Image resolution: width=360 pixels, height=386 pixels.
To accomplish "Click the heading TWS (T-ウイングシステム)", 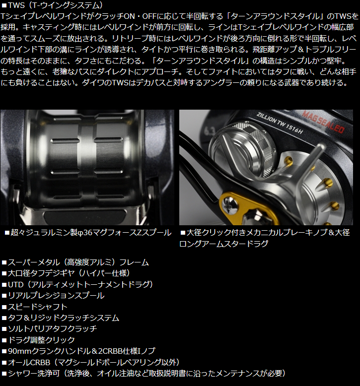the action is tap(52, 5).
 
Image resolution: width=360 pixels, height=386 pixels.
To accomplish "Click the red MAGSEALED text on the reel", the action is tap(323, 122).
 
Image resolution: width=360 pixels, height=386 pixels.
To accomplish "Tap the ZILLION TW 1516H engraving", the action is tap(280, 124).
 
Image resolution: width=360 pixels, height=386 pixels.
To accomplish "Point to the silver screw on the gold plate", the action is tap(230, 204).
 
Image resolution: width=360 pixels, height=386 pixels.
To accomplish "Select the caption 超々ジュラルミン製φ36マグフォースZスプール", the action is tap(88, 233).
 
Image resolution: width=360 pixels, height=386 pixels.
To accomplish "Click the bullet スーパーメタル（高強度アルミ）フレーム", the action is tap(75, 262).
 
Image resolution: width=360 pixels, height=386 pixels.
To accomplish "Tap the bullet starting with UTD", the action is tap(77, 285).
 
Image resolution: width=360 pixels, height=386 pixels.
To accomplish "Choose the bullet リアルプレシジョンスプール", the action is tap(53, 295).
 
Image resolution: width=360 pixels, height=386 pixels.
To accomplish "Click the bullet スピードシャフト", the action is tap(34, 307).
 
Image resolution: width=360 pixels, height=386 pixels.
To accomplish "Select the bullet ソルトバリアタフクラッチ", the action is tap(49, 328).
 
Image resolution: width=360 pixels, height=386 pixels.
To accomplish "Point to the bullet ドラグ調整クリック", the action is tap(38, 340).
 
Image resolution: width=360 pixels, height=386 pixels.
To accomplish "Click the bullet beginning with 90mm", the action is tap(78, 351).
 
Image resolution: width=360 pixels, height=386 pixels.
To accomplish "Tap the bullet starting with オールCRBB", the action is tap(90, 362).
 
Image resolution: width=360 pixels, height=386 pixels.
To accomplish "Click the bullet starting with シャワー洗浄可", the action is tap(144, 374).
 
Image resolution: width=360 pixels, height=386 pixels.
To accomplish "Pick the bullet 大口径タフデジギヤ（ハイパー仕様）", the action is tap(66, 273).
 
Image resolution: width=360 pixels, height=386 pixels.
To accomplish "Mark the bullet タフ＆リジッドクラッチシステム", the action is tap(61, 318).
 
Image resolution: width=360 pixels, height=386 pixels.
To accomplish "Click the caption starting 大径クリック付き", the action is tap(265, 238).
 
